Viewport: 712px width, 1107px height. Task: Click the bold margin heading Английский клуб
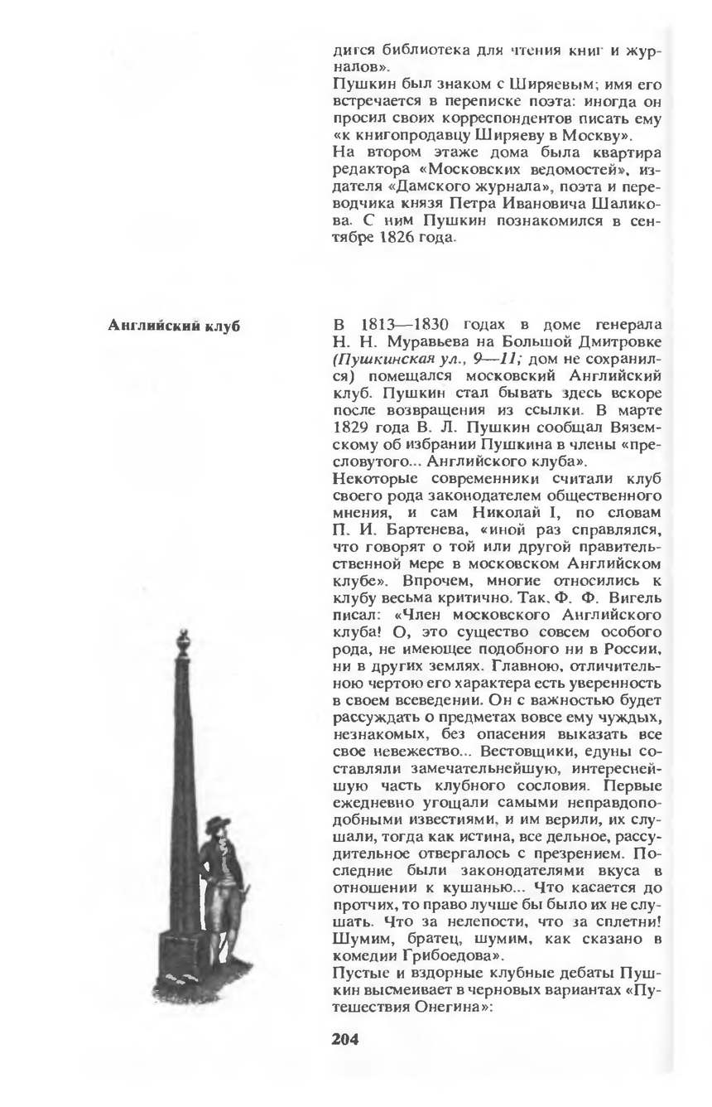click(175, 325)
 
